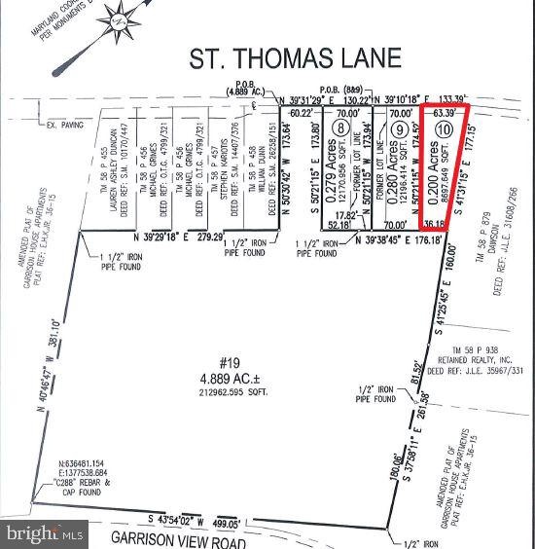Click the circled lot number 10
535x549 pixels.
click(445, 128)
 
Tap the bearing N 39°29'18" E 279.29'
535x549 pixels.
click(178, 236)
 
